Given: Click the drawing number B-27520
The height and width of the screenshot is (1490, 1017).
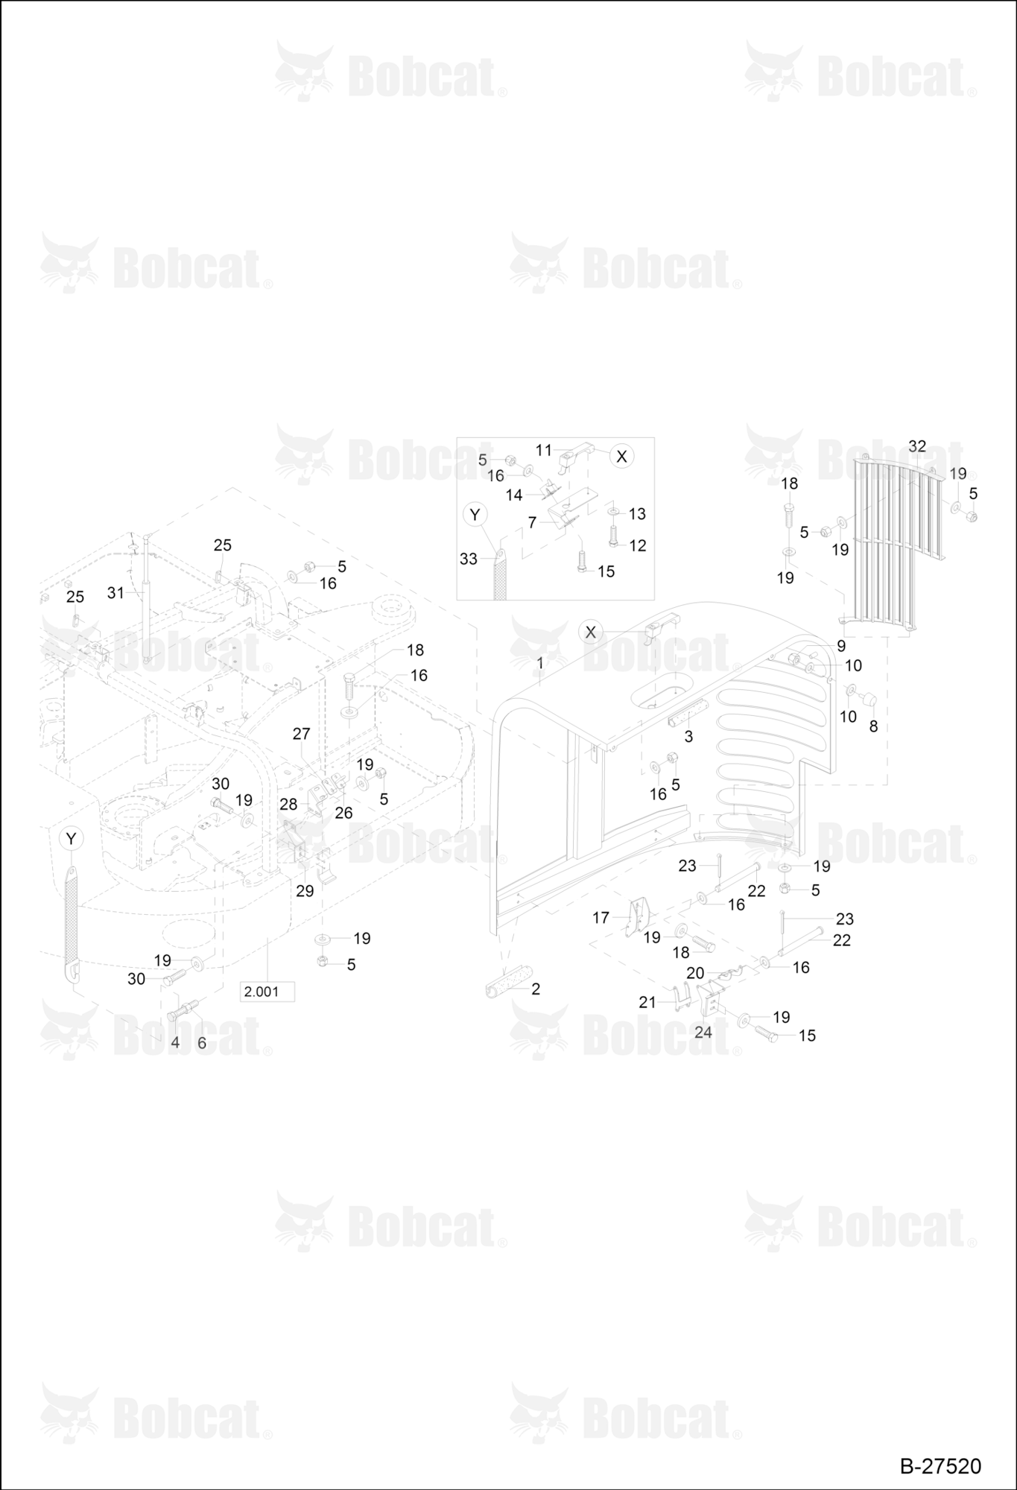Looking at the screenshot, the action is click(940, 1466).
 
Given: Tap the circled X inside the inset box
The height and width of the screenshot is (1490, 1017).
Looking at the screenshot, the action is click(621, 457).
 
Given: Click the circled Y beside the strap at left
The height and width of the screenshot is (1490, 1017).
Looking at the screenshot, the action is click(71, 839).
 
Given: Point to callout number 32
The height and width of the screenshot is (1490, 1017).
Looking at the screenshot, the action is click(917, 446).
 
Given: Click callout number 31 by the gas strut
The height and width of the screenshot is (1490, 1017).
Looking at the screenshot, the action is click(115, 593).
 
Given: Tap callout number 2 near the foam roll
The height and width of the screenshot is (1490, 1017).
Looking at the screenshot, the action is click(536, 989).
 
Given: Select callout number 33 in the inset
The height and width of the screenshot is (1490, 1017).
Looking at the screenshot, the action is click(468, 559).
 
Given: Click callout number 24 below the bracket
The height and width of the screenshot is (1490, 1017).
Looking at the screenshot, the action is click(703, 1032).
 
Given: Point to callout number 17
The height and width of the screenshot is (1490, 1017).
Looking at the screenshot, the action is click(601, 918).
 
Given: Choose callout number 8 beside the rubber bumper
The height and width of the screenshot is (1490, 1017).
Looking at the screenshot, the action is click(873, 726).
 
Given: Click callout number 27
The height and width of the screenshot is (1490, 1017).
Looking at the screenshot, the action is click(301, 734).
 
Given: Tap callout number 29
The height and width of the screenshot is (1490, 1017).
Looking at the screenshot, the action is click(305, 890).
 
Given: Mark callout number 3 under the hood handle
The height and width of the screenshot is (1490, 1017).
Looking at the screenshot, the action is click(688, 736).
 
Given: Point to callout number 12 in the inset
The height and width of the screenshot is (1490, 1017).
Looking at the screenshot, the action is click(638, 545).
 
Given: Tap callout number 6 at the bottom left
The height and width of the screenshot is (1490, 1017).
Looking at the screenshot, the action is click(201, 1043).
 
